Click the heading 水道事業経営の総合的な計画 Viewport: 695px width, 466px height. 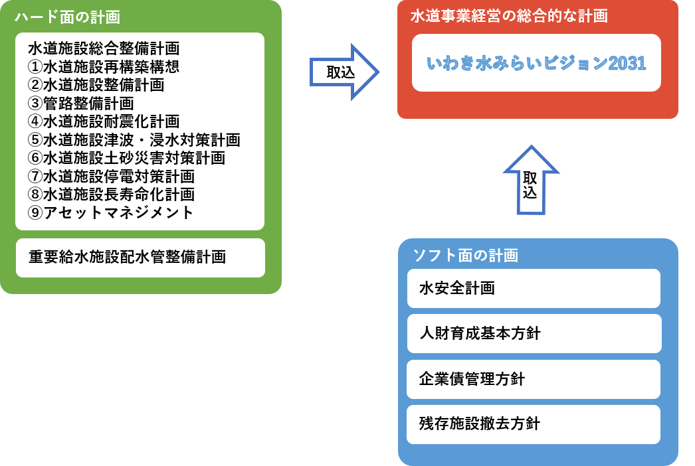pos(509,17)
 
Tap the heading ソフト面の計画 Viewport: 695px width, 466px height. pos(466,255)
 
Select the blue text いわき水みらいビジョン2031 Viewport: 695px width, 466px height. pos(536,64)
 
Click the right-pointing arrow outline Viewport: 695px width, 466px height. pos(344,72)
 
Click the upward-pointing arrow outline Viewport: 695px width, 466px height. pos(532,180)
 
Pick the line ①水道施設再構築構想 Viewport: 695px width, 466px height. pos(104,67)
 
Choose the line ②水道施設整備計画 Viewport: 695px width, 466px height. pos(96,85)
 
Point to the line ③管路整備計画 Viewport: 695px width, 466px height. pos(81,104)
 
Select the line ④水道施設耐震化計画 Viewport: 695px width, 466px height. pos(104,121)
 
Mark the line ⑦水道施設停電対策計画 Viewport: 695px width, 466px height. pos(112,177)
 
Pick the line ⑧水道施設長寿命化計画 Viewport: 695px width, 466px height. pos(112,194)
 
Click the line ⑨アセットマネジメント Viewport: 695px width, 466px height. pos(111,212)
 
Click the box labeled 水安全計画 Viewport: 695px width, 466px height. pos(534,288)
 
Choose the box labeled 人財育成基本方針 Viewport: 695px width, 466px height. pos(534,333)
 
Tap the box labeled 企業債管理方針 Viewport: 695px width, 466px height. pos(534,379)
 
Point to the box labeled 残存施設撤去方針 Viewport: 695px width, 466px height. pos(534,424)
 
